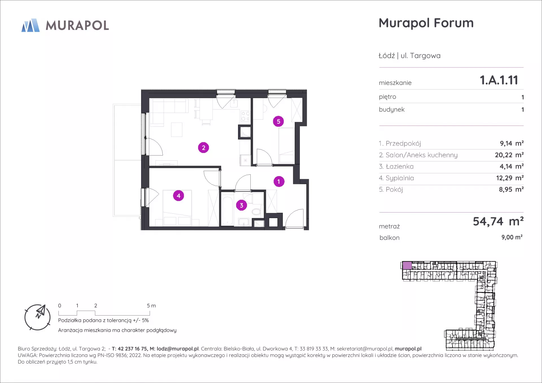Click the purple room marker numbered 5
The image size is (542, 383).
tap(278, 121)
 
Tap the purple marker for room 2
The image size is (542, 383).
tap(204, 148)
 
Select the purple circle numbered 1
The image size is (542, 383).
tap(279, 181)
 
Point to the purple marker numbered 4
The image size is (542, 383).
tap(178, 196)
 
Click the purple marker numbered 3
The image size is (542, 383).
tap(241, 205)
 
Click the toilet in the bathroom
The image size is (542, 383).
tap(257, 211)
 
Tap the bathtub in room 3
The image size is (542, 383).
tap(227, 211)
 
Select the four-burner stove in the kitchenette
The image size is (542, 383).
tap(245, 116)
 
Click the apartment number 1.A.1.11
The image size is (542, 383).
tap(499, 80)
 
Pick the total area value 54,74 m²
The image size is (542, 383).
tap(498, 222)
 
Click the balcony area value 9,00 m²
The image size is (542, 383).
tap(512, 237)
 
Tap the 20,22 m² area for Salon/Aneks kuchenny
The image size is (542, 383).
tap(509, 155)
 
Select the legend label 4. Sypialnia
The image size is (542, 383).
tap(396, 178)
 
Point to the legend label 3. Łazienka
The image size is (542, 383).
tap(396, 167)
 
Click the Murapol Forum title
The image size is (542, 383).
tap(426, 23)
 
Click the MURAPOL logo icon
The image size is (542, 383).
tap(30, 25)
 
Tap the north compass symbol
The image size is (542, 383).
tap(38, 317)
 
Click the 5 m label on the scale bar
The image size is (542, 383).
tap(151, 306)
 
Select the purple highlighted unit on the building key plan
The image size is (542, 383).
tap(407, 266)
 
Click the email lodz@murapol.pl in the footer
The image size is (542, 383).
tap(178, 349)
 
